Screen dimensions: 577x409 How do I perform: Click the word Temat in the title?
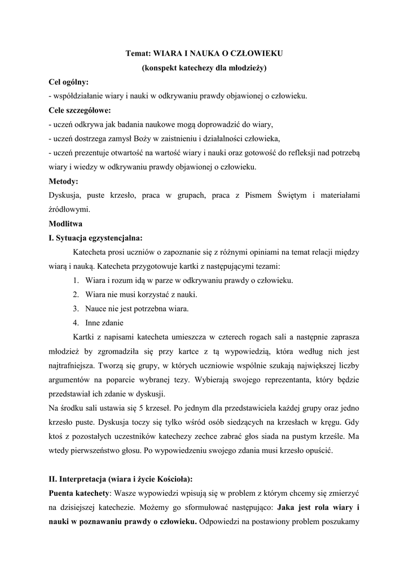(138, 54)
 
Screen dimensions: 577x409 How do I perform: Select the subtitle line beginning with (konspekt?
(204, 68)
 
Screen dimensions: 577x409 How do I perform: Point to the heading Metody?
(64, 181)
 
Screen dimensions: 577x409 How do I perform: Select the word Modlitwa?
(67, 223)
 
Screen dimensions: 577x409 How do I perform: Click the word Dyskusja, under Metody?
(67, 195)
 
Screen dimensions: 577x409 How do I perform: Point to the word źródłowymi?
(69, 209)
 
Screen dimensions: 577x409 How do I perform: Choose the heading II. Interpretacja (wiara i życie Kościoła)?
(121, 479)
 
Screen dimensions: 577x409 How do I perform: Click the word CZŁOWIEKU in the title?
(255, 54)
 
